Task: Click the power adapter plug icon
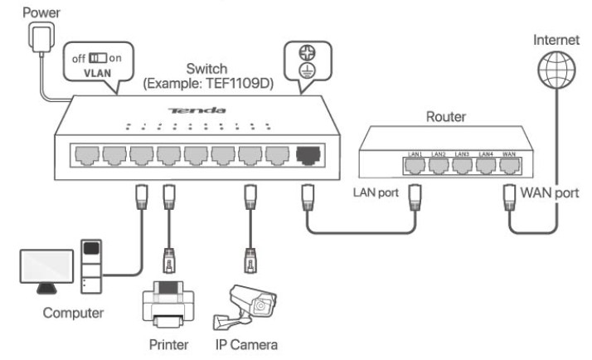coord(38,36)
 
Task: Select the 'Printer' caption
coord(166,343)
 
